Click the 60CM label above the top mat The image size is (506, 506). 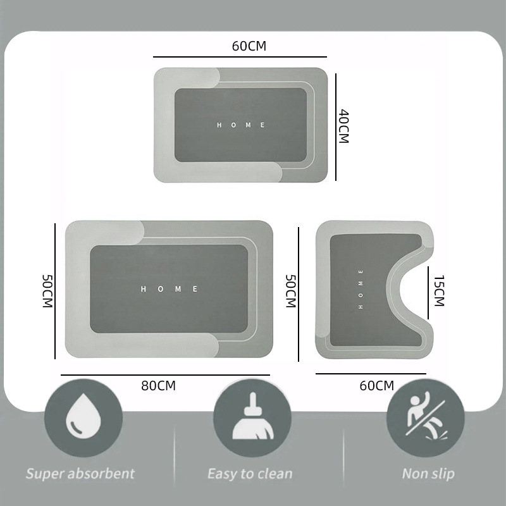click(x=249, y=46)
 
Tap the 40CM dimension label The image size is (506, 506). click(x=344, y=126)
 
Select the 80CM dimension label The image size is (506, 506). click(x=159, y=386)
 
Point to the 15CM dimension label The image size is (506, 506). click(x=439, y=291)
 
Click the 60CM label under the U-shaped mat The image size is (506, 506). click(x=377, y=386)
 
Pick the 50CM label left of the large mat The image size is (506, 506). click(x=47, y=291)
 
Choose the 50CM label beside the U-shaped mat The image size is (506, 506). click(x=291, y=291)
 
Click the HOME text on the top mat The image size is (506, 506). click(x=241, y=125)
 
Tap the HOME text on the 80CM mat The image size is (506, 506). click(x=169, y=289)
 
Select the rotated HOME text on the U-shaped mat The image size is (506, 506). click(x=361, y=290)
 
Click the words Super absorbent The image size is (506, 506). click(x=80, y=474)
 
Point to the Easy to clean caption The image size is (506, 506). click(x=250, y=474)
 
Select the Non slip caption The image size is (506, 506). click(x=428, y=474)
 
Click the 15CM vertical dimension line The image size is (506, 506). click(x=428, y=293)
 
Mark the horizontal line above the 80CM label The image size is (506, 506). click(x=165, y=375)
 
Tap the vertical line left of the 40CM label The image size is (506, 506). click(x=336, y=127)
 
